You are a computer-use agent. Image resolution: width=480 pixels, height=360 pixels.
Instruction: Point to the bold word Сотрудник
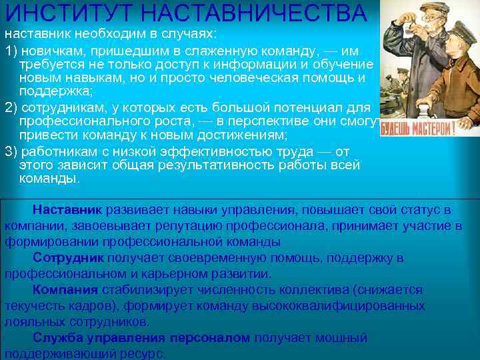tap(69, 258)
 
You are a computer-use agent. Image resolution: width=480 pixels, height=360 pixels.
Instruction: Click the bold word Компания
tap(66, 290)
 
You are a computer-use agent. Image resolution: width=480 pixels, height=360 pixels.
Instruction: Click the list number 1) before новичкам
tap(11, 51)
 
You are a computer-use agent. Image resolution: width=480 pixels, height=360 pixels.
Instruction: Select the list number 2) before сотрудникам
tap(11, 108)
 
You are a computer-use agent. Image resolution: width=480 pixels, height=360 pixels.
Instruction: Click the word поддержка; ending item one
tap(53, 91)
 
